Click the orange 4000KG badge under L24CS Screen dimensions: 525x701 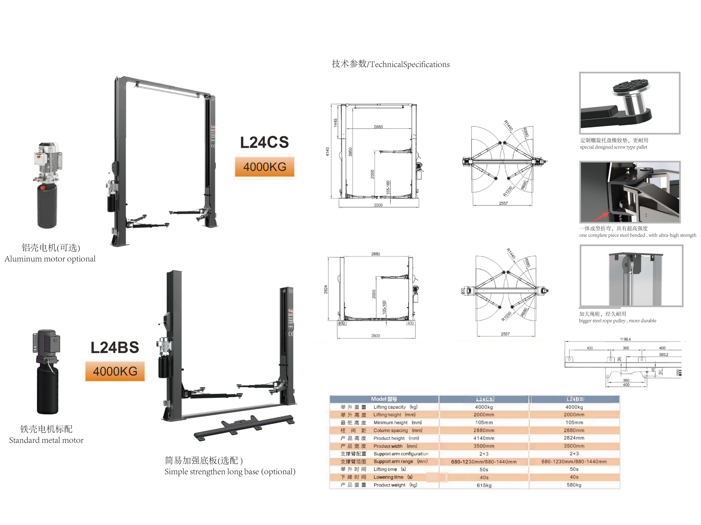(264, 167)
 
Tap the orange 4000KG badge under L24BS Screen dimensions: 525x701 (115, 371)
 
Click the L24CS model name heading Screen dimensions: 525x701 (264, 142)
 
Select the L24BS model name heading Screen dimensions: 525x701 (115, 348)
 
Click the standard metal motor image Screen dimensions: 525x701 (47, 372)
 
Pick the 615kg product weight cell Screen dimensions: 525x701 (484, 485)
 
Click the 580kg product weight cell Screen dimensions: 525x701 (574, 485)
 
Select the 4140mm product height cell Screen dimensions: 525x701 (484, 438)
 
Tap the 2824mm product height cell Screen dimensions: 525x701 (574, 438)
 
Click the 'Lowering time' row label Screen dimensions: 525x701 (388, 477)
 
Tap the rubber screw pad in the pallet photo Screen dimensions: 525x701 (631, 86)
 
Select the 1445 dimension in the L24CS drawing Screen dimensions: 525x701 (335, 123)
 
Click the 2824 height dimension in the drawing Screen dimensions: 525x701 (326, 289)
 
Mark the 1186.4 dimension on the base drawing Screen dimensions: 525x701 (625, 339)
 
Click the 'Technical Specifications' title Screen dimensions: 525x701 (390, 64)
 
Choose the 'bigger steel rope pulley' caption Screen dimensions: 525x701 (617, 320)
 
